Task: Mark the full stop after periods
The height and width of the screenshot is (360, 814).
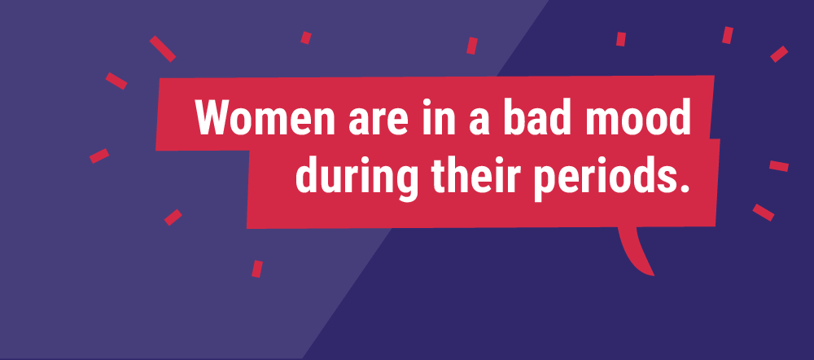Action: pyautogui.click(x=681, y=187)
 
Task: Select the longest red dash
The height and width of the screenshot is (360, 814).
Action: pyautogui.click(x=163, y=49)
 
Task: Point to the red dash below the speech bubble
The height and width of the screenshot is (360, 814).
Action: pyautogui.click(x=257, y=269)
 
